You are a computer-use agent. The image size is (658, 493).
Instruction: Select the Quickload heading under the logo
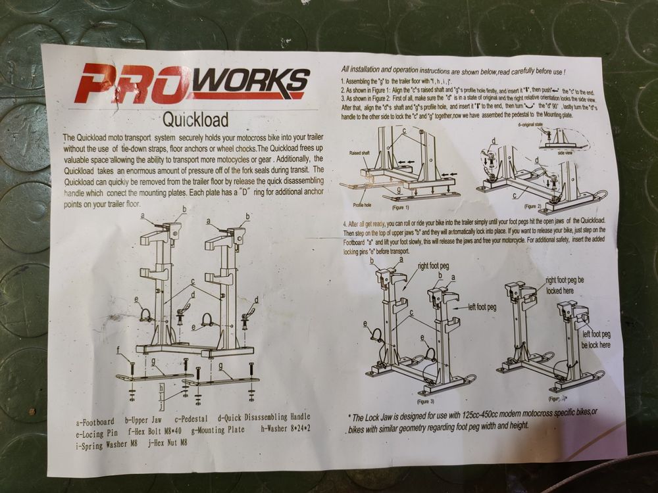(x=195, y=120)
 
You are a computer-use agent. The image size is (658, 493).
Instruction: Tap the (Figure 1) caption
(x=401, y=207)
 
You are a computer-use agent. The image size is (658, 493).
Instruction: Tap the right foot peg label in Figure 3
(x=434, y=267)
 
